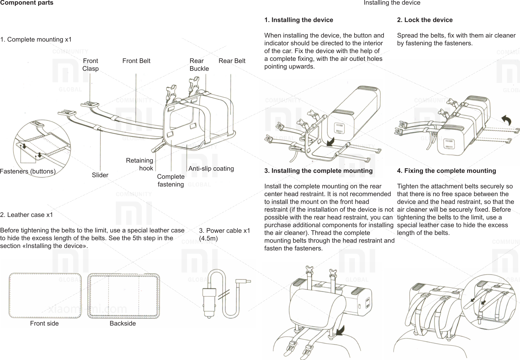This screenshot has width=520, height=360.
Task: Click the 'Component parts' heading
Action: coord(27,3)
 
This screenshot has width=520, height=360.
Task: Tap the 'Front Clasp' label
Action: coord(90,65)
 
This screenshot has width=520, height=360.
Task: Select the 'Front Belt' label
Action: coord(136,61)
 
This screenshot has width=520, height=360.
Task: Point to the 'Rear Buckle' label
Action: coord(199,65)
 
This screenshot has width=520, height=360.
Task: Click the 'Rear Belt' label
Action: coord(232,61)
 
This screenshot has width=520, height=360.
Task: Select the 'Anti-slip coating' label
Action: coord(211,169)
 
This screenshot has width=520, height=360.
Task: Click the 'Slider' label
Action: coord(100,175)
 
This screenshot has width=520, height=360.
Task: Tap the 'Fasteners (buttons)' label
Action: coord(28,171)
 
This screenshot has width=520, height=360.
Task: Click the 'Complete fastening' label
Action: coord(171,180)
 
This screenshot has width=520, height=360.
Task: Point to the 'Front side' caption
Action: coord(44,323)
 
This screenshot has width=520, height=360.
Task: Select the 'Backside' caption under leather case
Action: coord(122,323)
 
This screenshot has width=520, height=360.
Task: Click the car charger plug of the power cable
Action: coord(208,301)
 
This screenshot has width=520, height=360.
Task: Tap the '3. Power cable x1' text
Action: coord(224,231)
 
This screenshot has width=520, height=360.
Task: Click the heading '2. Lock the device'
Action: coord(424,20)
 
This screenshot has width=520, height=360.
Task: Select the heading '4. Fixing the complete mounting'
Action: coord(446,171)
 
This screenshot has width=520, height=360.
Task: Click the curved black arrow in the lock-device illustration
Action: coord(506,120)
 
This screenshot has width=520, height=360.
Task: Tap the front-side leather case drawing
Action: coord(45,295)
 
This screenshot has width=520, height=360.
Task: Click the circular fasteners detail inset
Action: coord(42,148)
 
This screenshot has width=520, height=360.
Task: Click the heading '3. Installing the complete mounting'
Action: coord(318,171)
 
